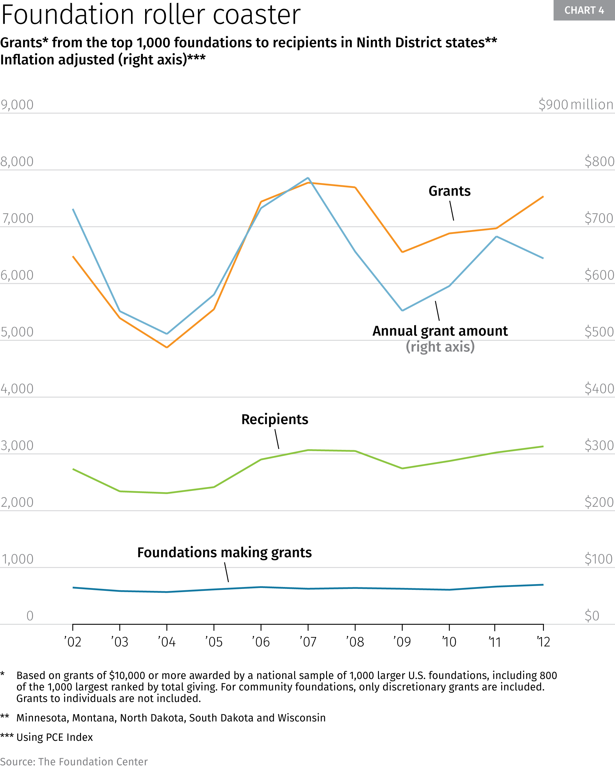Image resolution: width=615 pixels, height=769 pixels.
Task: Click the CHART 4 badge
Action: [x=584, y=10]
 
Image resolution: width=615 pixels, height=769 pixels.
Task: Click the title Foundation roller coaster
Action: [x=151, y=15]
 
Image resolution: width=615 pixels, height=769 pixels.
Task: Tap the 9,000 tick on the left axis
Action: [x=17, y=104]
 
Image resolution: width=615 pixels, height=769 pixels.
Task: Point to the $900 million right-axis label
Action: [x=575, y=104]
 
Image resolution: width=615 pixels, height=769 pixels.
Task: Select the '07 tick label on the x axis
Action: [x=308, y=642]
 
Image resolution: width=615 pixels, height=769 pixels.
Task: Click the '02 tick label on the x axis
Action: [x=73, y=642]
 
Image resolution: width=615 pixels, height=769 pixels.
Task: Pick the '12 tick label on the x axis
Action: [x=543, y=642]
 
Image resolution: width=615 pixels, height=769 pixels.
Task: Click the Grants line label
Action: [x=449, y=191]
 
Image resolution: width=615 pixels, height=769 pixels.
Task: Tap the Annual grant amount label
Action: [x=440, y=331]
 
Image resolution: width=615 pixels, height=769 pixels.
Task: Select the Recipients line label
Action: [x=275, y=419]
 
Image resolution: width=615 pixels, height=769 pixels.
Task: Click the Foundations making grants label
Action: [x=224, y=552]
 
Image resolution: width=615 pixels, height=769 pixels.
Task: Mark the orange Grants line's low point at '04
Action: [x=167, y=347]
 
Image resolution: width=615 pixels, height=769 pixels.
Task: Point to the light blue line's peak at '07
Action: [x=308, y=178]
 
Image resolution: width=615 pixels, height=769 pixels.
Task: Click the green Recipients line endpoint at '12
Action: [x=543, y=446]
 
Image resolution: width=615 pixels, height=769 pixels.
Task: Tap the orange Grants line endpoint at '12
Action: [x=543, y=196]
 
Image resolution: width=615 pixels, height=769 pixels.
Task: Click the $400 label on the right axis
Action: [x=599, y=388]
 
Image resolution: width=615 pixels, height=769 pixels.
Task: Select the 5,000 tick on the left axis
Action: [x=17, y=332]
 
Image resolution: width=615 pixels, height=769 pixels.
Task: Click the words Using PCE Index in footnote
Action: [x=54, y=737]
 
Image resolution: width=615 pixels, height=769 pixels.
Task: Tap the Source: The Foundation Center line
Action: [x=74, y=762]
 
